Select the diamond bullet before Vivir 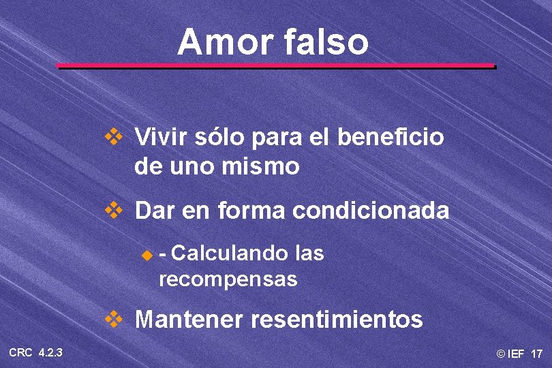pos(112,137)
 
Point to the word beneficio pos(390,138)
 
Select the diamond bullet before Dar pos(112,211)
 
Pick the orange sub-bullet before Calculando pos(144,256)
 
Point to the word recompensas pos(228,279)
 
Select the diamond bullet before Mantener pos(112,318)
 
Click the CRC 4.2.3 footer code pos(36,352)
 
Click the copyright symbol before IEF pos(501,354)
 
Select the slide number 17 pos(536,354)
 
